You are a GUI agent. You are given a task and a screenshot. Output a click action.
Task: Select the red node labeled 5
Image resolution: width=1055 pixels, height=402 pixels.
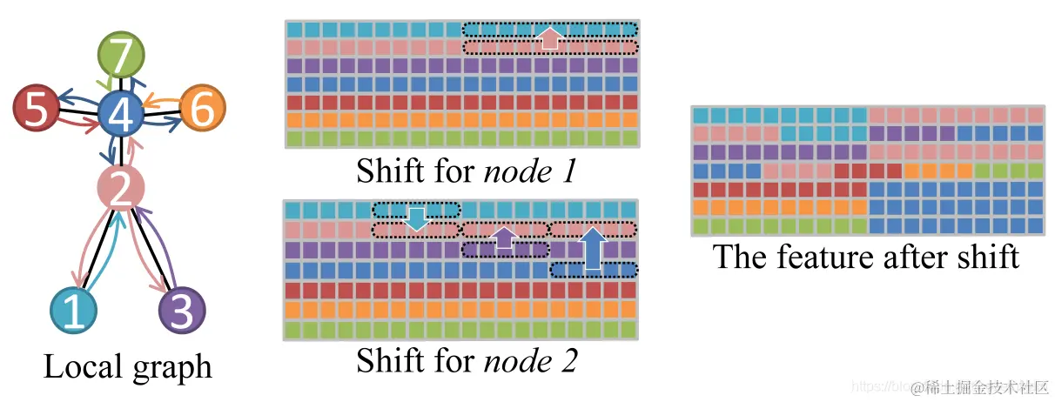point(36,110)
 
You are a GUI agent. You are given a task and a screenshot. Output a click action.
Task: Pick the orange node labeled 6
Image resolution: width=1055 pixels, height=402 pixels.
point(202,111)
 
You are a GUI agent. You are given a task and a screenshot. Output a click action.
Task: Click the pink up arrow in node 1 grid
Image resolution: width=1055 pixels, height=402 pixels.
point(548,37)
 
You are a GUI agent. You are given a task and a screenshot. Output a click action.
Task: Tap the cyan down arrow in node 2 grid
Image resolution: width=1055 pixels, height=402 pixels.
point(417,218)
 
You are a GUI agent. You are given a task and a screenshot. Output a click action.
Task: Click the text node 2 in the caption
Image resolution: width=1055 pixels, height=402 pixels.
point(529,361)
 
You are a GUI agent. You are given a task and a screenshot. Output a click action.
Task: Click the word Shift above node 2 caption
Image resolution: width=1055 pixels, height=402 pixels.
point(388,361)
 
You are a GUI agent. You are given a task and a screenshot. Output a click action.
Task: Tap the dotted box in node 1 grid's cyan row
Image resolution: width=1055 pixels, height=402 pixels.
point(550,29)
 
